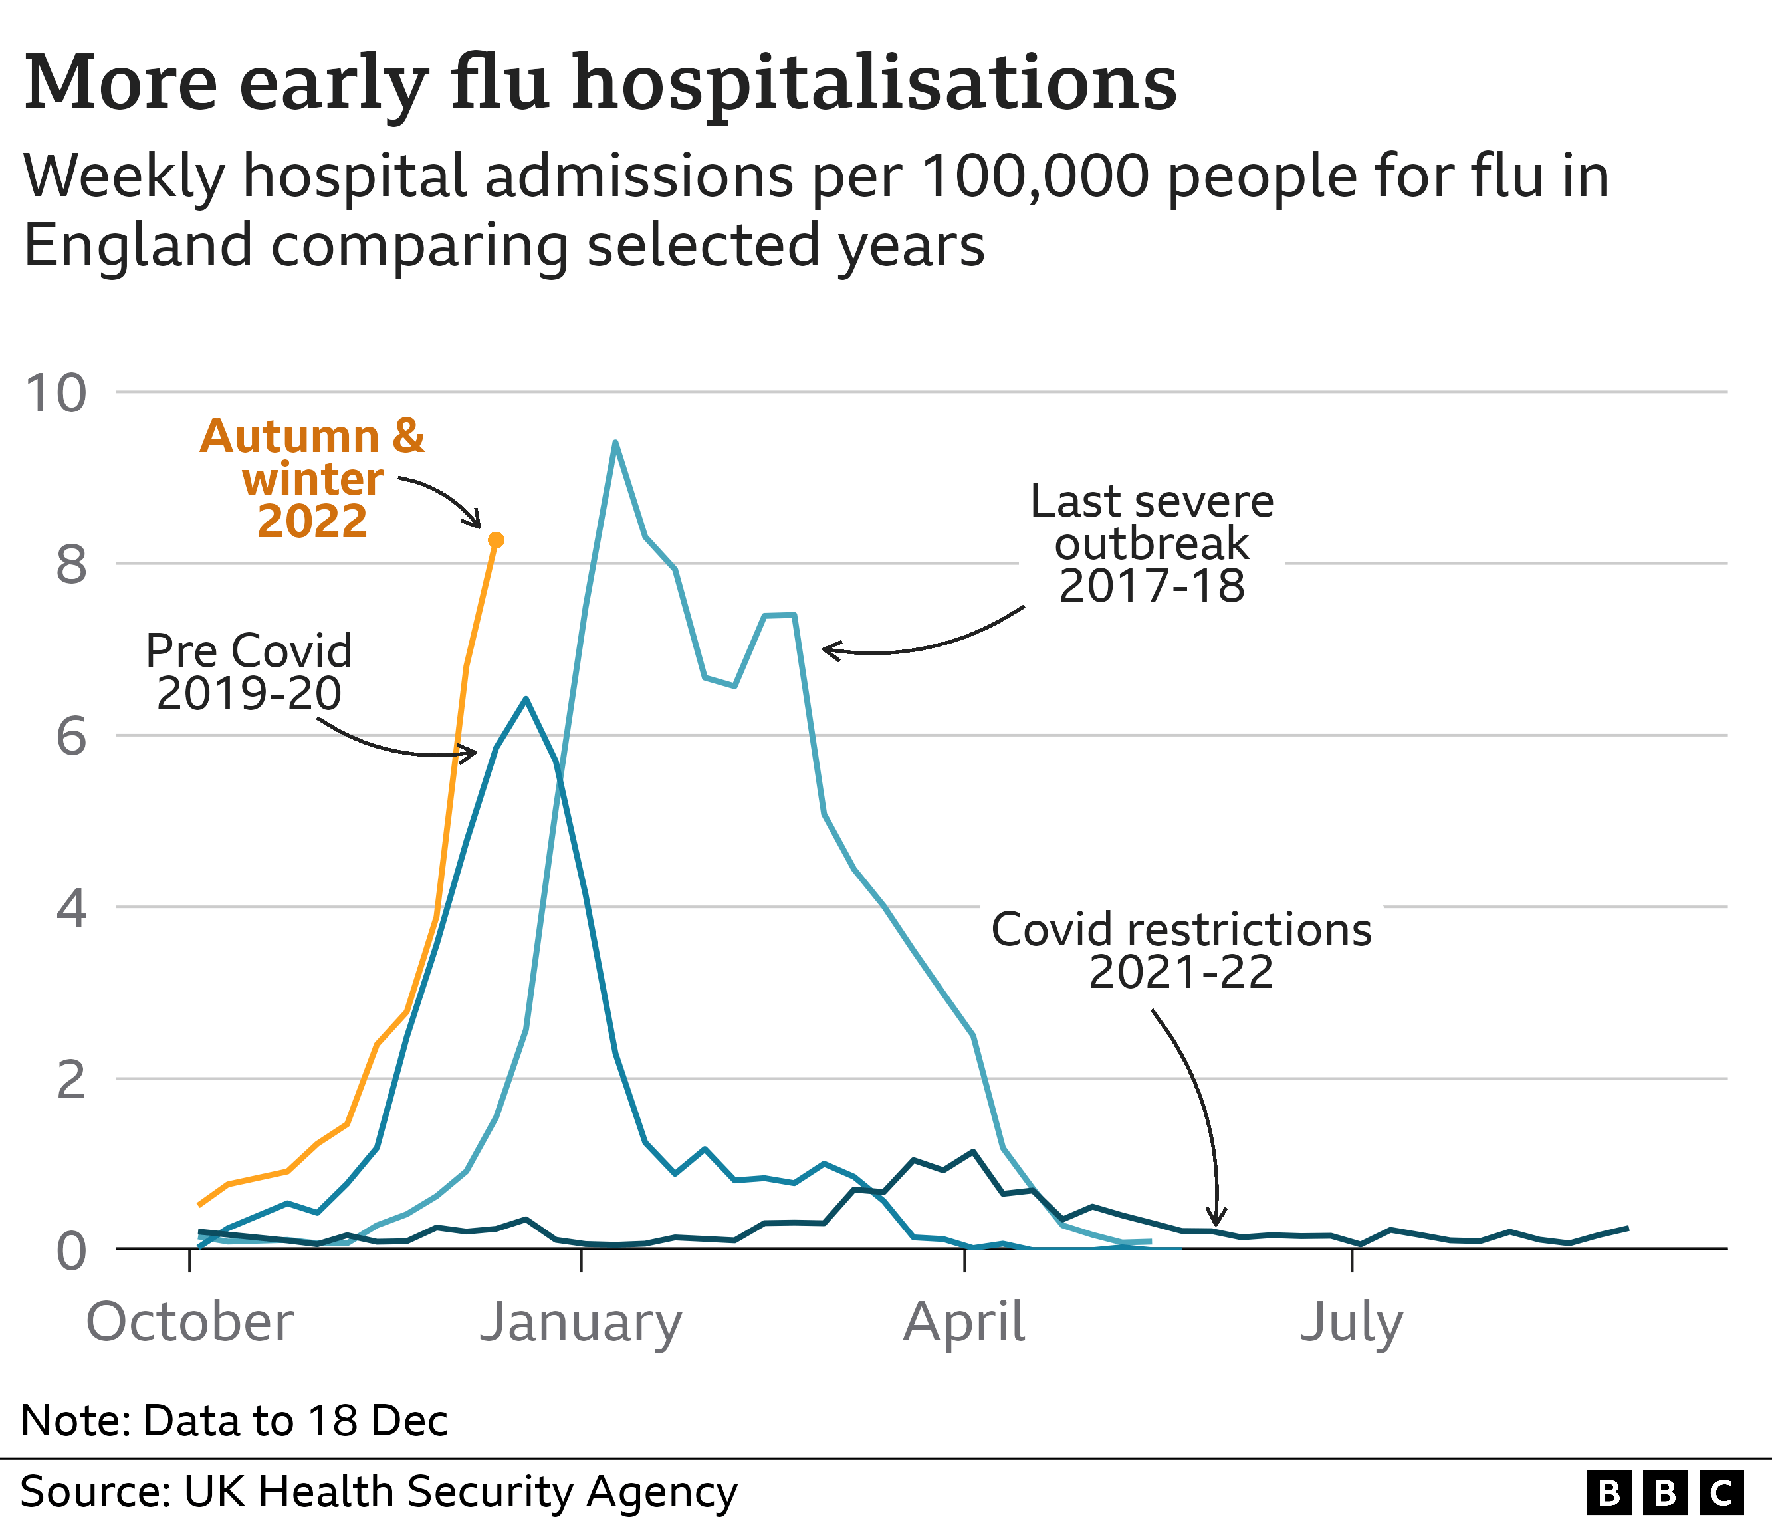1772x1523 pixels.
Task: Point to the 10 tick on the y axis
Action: pos(56,394)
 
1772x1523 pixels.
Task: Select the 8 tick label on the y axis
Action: pos(71,565)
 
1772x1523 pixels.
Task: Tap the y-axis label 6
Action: pos(71,737)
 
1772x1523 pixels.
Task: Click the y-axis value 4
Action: pos(71,907)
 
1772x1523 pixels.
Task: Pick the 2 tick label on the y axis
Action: pos(71,1080)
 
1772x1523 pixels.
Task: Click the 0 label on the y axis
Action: pos(71,1251)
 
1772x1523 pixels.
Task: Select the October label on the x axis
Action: pos(190,1322)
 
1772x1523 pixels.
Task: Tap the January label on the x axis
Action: pos(581,1322)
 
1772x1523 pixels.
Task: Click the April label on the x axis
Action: pos(964,1322)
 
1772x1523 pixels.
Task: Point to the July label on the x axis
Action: pos(1351,1322)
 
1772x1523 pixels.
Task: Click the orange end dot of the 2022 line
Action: pos(495,540)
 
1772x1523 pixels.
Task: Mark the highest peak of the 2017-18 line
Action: pos(615,443)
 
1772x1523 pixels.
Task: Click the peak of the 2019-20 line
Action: pos(526,699)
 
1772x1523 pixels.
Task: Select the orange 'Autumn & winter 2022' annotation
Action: pos(313,479)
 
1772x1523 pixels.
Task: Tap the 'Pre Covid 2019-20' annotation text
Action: pos(249,671)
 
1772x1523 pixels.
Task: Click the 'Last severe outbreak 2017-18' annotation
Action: pos(1151,544)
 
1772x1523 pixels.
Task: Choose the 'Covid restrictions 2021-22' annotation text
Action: pos(1181,951)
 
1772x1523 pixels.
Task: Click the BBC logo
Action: pos(1664,1492)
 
